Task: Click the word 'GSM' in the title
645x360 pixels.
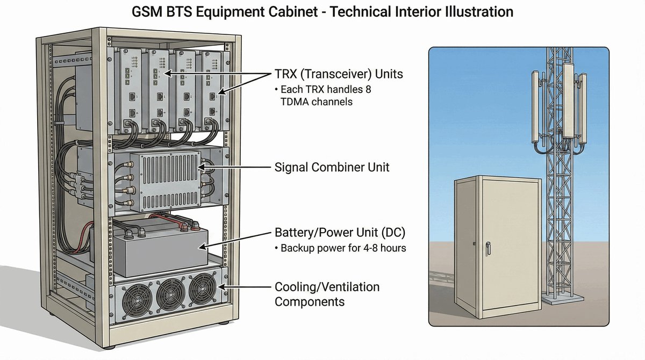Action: tap(148, 11)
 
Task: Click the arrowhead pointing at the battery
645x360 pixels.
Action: tap(203, 247)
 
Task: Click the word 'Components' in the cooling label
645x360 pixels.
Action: tap(310, 301)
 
